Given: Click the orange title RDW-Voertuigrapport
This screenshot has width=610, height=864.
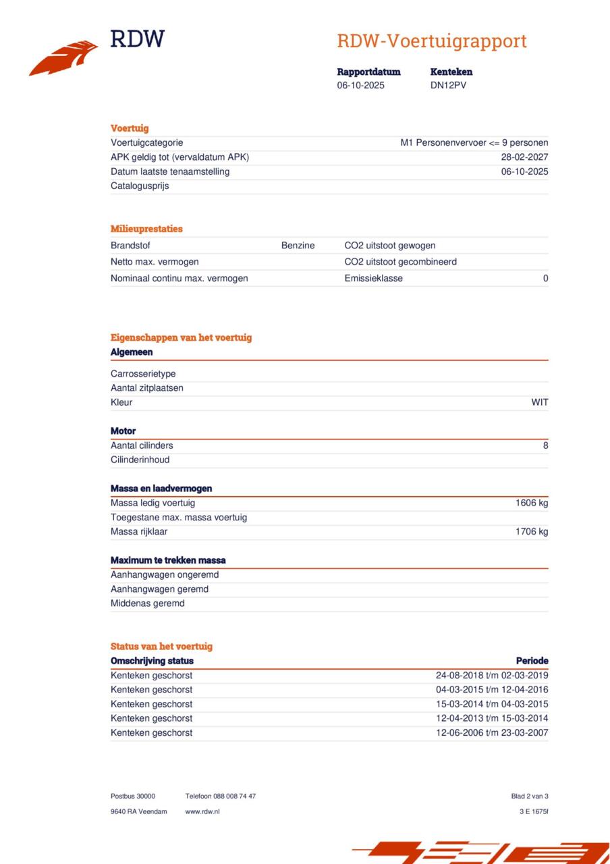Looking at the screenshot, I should click(431, 41).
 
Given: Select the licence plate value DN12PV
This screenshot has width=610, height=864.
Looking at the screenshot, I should click(448, 86).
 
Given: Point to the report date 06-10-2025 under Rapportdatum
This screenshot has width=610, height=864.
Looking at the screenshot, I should click(360, 86).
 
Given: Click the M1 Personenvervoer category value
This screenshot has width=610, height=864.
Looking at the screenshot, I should click(474, 143).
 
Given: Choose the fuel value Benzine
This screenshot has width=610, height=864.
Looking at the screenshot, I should click(298, 246).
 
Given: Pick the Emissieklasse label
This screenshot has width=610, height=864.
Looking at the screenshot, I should click(373, 278).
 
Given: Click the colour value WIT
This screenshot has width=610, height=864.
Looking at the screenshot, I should click(539, 402).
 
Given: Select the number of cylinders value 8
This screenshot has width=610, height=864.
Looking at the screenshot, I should click(545, 446).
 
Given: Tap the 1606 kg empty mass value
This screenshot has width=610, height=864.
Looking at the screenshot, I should click(532, 503).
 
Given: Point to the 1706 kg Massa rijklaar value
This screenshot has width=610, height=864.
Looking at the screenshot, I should click(532, 532).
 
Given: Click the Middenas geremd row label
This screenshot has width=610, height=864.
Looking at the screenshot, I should click(147, 603).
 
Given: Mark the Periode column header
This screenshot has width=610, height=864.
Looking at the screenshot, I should click(532, 661).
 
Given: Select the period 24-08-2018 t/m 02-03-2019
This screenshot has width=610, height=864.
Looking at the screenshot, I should click(492, 676).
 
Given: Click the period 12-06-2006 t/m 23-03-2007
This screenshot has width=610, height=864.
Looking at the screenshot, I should click(492, 733).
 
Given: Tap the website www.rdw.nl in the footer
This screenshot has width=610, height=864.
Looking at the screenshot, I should click(202, 811).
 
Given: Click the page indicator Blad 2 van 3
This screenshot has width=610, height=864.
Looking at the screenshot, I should click(530, 796).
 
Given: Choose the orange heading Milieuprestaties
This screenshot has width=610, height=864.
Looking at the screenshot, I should click(146, 229).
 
